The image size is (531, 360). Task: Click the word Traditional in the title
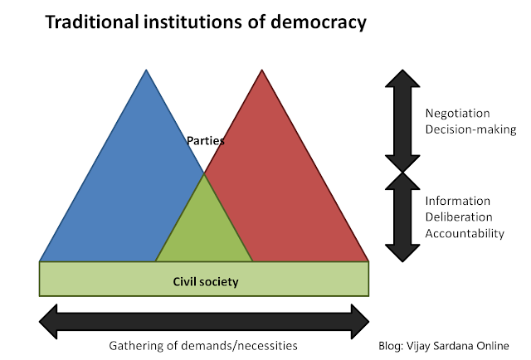tap(90, 23)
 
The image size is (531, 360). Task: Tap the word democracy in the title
tap(320, 23)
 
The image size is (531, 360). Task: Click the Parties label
tap(205, 140)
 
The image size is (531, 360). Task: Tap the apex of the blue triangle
tap(147, 72)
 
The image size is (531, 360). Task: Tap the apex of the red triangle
tap(262, 72)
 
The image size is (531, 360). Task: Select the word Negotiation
tap(458, 113)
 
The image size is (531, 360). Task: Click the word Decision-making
tap(470, 129)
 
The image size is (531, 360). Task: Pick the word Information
tap(458, 202)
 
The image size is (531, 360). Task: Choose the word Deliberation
tap(459, 217)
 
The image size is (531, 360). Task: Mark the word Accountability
tap(465, 233)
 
